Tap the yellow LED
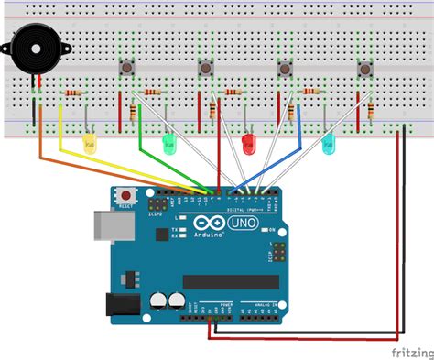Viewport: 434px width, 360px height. pos(89,142)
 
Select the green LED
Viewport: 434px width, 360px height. pos(168,142)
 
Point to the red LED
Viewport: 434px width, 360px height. pos(247,142)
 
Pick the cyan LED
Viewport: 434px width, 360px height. pos(328,142)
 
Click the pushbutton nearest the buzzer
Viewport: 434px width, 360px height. pos(125,68)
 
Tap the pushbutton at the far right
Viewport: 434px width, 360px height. pos(365,68)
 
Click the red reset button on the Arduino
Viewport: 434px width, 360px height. pos(124,195)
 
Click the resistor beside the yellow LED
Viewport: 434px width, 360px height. pos(72,93)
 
